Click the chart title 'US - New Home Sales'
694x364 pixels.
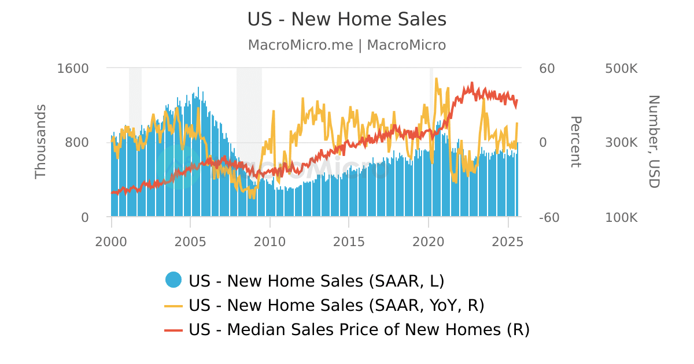pyautogui.click(x=347, y=19)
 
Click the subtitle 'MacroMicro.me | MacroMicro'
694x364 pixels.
pyautogui.click(x=347, y=45)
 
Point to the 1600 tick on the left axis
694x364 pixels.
pyautogui.click(x=73, y=68)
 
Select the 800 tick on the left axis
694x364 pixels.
pyautogui.click(x=77, y=143)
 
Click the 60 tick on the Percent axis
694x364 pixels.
pyautogui.click(x=547, y=68)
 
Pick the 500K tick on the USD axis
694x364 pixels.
pyautogui.click(x=621, y=68)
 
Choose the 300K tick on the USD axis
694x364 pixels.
pyautogui.click(x=621, y=143)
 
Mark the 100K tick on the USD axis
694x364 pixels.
pyautogui.click(x=621, y=218)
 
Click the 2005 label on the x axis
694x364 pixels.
pyautogui.click(x=190, y=242)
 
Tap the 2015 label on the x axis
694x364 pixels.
pyautogui.click(x=349, y=242)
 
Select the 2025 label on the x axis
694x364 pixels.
pyautogui.click(x=507, y=242)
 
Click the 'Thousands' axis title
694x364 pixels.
pyautogui.click(x=40, y=142)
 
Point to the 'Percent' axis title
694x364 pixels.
pyautogui.click(x=575, y=142)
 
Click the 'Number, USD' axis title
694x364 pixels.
pyautogui.click(x=654, y=142)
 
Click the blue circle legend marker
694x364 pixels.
pyautogui.click(x=173, y=280)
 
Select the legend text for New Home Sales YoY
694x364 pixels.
pyautogui.click(x=337, y=305)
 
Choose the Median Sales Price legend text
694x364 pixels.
pyautogui.click(x=359, y=330)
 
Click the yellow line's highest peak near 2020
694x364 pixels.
pyautogui.click(x=436, y=79)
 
